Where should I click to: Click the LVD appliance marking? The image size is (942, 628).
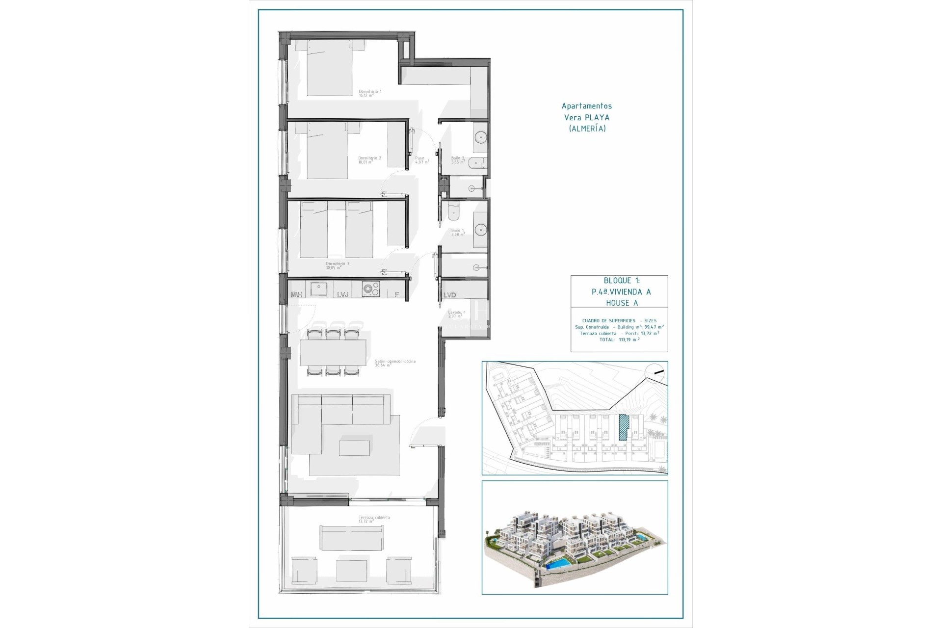(449, 295)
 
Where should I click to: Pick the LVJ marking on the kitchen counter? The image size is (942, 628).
(342, 294)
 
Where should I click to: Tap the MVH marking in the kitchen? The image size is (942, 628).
(296, 294)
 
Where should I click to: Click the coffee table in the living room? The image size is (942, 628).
(354, 447)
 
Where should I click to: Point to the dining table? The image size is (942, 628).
(333, 353)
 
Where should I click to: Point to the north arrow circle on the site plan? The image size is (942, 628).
(656, 373)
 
